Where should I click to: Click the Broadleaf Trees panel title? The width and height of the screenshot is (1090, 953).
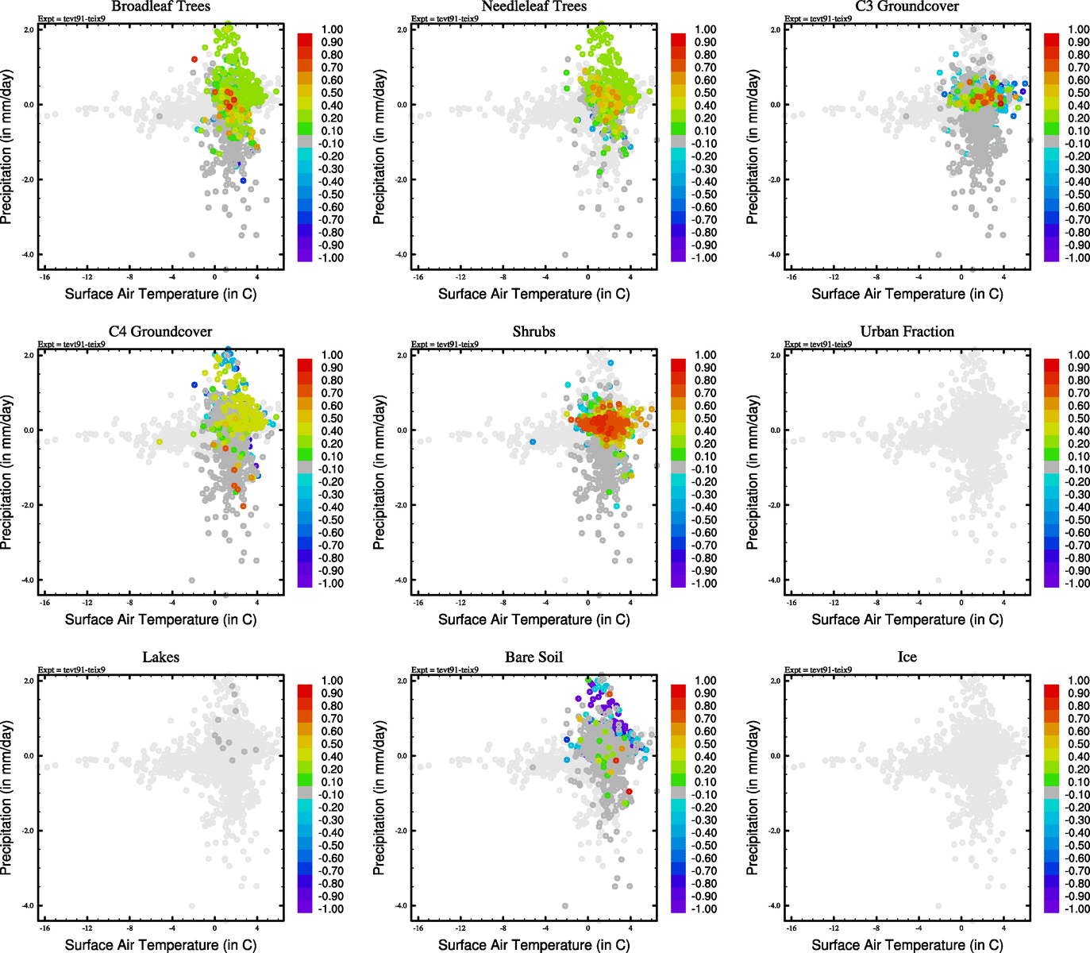pos(160,6)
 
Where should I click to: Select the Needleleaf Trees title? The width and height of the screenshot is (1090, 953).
pos(533,6)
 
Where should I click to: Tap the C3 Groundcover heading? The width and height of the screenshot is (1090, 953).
pos(907,6)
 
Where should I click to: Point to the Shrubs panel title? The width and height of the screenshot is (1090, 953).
pos(533,332)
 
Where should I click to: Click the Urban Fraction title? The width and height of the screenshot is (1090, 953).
pos(907,332)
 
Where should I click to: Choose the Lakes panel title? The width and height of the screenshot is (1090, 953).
pos(160,658)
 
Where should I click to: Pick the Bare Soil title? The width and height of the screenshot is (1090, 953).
pos(533,658)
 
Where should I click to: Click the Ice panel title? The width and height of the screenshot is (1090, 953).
pos(907,658)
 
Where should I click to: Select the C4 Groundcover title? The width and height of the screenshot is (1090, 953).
pos(160,332)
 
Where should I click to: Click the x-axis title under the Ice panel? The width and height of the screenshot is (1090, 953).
pos(907,945)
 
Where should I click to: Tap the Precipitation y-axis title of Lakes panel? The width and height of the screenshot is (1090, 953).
pos(7,798)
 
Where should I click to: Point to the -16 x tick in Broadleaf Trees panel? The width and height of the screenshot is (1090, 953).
pos(44,277)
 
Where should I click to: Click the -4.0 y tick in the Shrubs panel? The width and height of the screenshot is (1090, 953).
pos(402,581)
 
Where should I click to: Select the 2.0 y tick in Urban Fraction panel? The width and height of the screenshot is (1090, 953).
pos(776,355)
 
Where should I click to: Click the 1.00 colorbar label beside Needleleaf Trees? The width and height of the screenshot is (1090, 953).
pos(706,29)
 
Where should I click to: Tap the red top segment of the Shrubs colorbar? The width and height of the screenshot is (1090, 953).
pos(678,365)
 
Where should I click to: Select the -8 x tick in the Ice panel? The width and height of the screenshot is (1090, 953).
pos(876,928)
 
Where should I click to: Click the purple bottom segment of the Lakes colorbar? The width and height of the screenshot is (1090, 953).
pos(305,906)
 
